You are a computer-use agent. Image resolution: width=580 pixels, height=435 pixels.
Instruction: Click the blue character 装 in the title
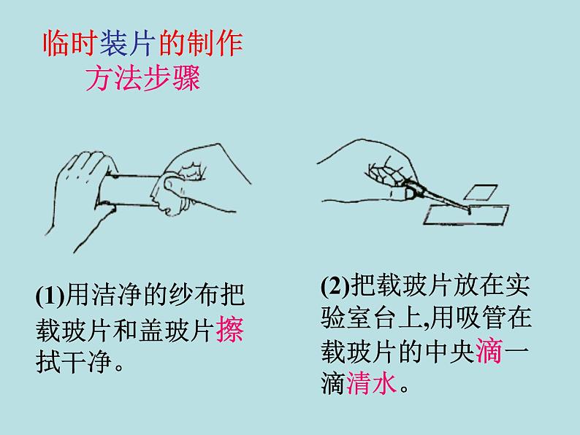click(114, 44)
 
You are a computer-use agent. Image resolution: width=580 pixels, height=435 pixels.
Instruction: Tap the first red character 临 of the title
click(56, 44)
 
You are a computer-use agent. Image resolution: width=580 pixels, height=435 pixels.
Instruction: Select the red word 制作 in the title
click(215, 44)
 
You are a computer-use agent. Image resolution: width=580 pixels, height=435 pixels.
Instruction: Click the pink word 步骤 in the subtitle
click(172, 78)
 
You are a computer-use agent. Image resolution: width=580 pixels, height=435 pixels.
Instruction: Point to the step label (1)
click(50, 295)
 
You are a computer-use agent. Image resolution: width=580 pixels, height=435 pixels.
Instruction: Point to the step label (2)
click(335, 285)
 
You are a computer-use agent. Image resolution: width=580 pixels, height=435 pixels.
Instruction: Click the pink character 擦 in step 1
click(229, 328)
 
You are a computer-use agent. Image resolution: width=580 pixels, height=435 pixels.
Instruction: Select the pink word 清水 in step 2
click(371, 383)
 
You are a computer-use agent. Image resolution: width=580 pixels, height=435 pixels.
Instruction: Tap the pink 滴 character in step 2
click(489, 351)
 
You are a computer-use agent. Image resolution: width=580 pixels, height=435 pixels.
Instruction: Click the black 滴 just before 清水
click(333, 383)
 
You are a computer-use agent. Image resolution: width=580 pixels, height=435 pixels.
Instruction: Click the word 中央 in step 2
click(450, 351)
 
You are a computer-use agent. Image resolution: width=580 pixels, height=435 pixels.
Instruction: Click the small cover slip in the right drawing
click(481, 192)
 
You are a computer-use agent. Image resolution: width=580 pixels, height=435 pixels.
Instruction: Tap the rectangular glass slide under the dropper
click(466, 215)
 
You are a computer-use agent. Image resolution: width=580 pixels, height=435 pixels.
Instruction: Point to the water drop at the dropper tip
click(469, 212)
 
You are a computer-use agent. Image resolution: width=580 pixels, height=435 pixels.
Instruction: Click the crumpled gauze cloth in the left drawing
click(177, 188)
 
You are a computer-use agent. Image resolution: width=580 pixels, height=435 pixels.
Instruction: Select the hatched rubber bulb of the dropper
click(385, 173)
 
